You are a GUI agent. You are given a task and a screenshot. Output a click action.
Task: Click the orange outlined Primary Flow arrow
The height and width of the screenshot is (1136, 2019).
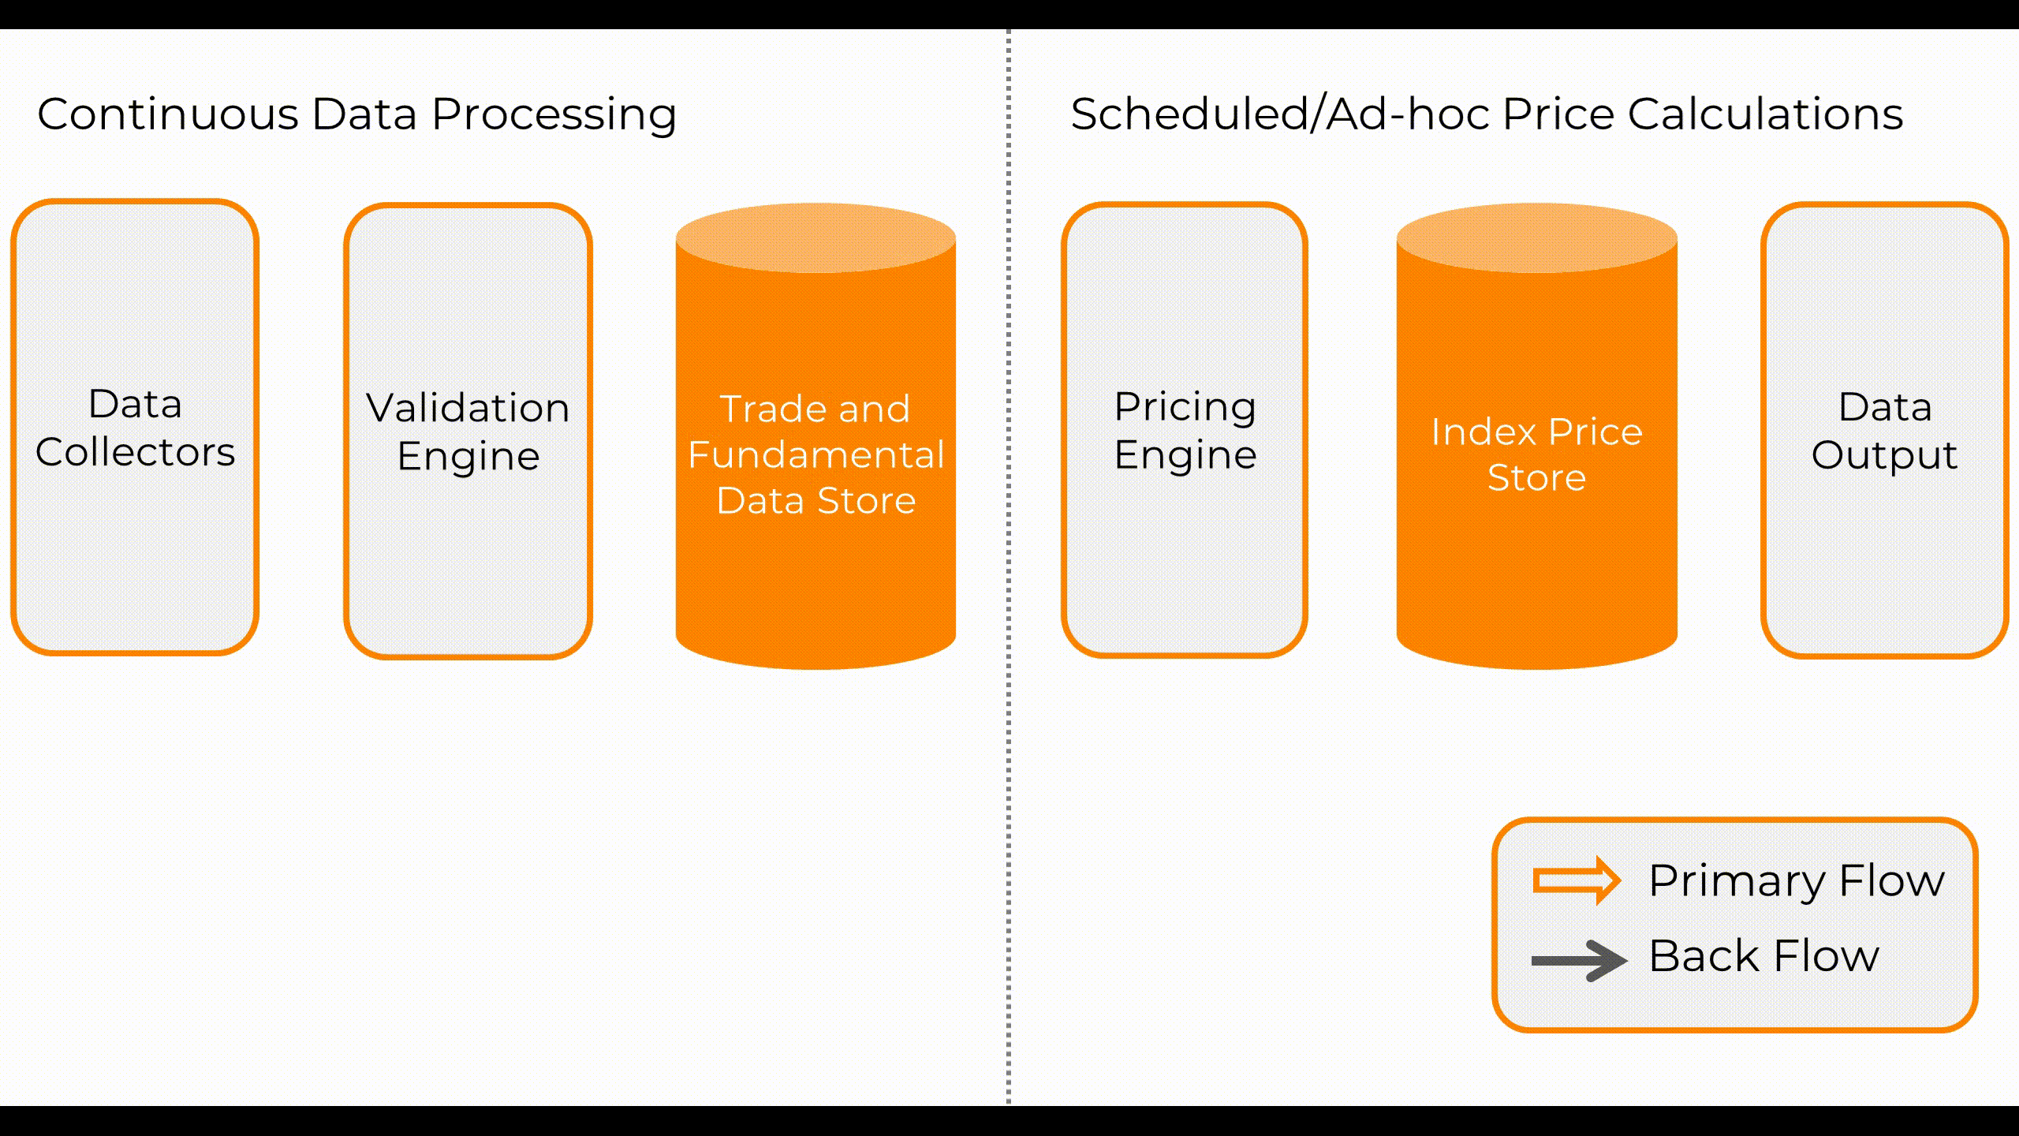(1577, 880)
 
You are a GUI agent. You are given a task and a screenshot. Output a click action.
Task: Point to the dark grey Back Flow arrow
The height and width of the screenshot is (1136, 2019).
(1578, 960)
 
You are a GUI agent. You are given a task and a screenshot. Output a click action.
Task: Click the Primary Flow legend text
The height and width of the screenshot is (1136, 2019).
(1797, 880)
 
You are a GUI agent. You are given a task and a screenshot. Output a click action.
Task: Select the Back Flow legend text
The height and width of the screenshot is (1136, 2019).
(1764, 956)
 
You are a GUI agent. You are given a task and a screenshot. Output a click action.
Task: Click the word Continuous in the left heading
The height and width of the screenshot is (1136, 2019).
(167, 114)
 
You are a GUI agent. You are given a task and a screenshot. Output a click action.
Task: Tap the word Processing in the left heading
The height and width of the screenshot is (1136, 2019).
(554, 115)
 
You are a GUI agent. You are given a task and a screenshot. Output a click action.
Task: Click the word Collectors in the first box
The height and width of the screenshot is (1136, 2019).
(135, 452)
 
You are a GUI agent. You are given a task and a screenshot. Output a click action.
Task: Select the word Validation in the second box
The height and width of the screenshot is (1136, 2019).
(468, 408)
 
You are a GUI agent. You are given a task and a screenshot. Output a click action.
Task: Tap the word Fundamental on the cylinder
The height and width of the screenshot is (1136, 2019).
(815, 455)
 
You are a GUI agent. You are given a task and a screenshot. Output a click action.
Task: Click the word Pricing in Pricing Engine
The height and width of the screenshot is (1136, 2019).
(1185, 408)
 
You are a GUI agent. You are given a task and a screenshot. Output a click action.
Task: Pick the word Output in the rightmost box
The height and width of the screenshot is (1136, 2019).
(1884, 456)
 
